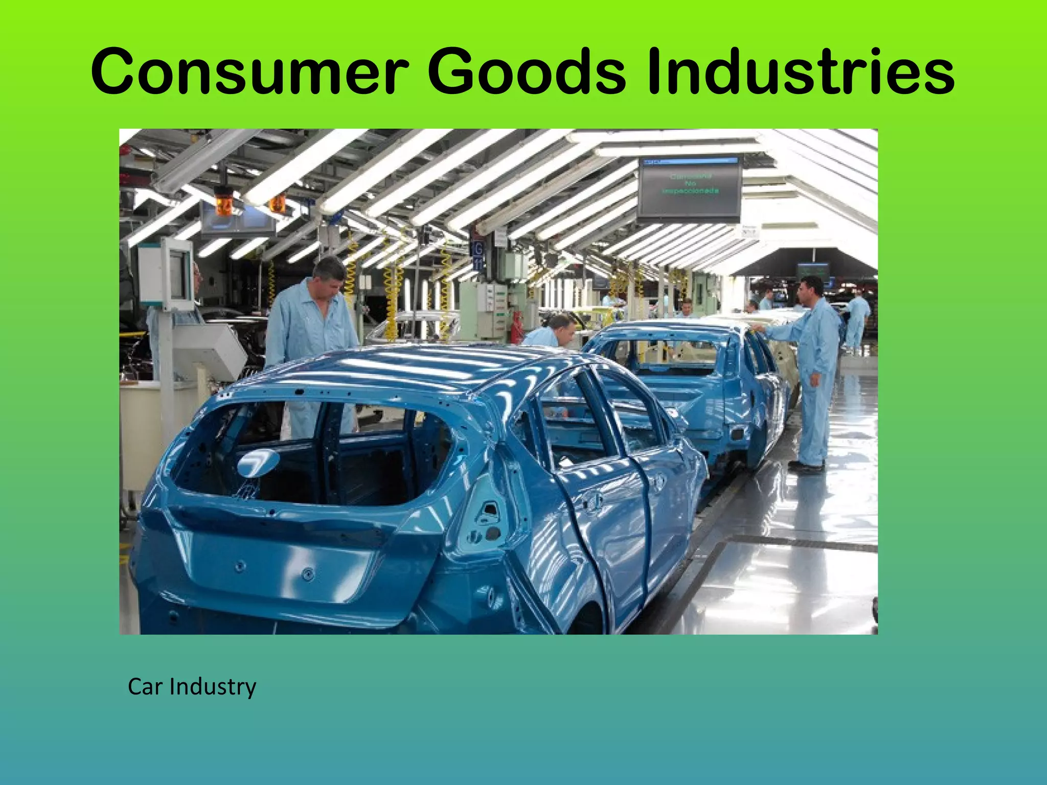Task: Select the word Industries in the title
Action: (x=800, y=72)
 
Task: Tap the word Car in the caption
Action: (x=146, y=686)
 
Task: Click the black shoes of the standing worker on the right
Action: (x=807, y=466)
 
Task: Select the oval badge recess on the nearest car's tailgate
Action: (x=258, y=463)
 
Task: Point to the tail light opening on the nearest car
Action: (x=486, y=516)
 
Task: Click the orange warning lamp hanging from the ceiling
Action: (x=224, y=204)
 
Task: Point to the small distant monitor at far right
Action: (x=813, y=271)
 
